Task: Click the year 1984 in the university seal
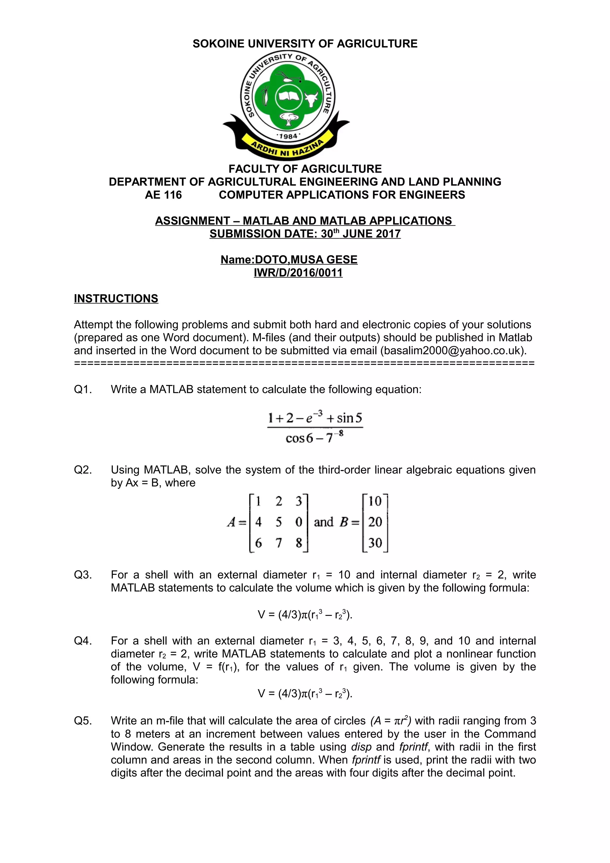coord(288,136)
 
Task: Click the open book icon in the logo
coord(288,97)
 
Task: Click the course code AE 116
coord(163,195)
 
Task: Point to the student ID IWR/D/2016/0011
coord(298,272)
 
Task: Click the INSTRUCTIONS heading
coord(116,298)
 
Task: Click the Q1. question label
coord(83,390)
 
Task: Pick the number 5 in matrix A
coord(278,522)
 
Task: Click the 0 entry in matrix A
coord(299,522)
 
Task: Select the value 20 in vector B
coord(375,522)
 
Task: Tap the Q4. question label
coord(83,641)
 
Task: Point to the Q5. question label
coord(83,721)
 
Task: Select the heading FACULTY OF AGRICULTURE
coord(305,169)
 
